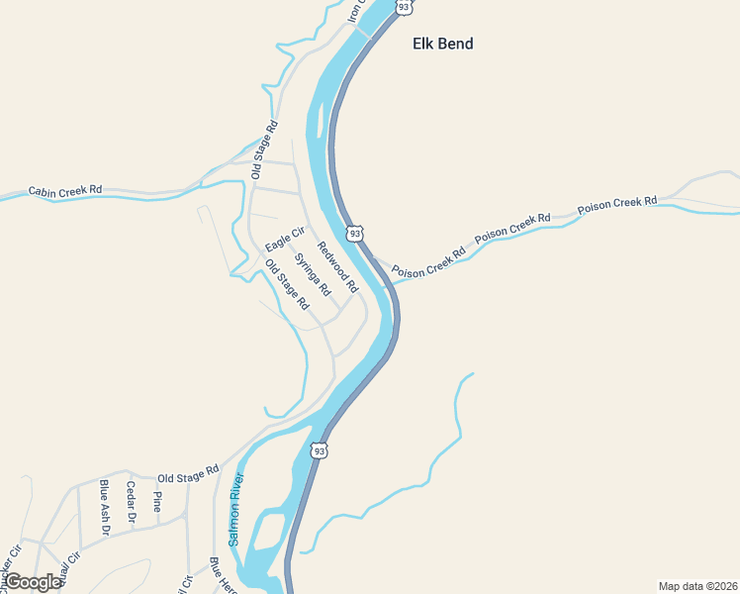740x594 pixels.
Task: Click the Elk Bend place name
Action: point(442,44)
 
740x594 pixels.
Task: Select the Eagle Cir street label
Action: point(284,239)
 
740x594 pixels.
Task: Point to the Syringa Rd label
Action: point(312,274)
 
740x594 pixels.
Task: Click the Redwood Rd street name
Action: point(336,267)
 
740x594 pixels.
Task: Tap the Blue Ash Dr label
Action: point(104,507)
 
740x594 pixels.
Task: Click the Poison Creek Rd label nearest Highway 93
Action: point(427,262)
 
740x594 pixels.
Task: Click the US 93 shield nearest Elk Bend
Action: point(404,7)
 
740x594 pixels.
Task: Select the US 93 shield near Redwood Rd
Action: point(354,233)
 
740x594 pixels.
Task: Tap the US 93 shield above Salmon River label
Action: point(319,450)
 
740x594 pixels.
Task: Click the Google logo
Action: point(33,582)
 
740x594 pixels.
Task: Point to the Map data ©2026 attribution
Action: point(697,586)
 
